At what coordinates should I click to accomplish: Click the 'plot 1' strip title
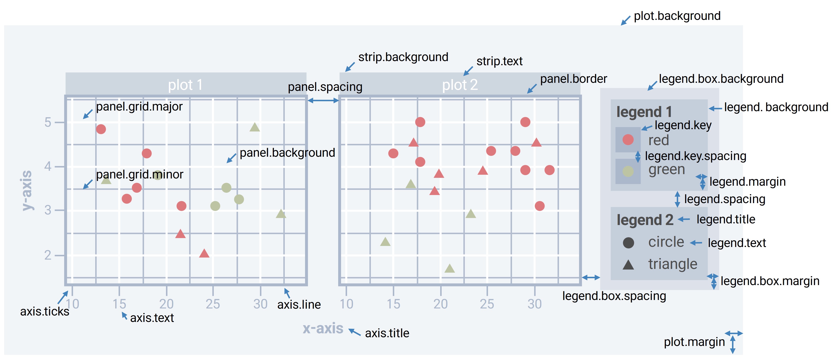point(185,85)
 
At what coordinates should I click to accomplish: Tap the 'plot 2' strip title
point(460,85)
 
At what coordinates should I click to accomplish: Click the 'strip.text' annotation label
point(499,61)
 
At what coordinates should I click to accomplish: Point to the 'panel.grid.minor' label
point(139,175)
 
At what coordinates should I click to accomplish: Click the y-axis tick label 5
point(48,123)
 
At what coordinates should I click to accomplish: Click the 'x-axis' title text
point(323,328)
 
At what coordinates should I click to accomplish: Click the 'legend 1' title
point(644,112)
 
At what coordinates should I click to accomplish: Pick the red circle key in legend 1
point(628,140)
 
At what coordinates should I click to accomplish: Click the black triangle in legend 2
point(628,265)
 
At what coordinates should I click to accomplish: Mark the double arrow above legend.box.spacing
point(591,278)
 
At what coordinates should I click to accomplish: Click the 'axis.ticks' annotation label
point(45,312)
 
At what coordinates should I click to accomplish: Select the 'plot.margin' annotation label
point(694,342)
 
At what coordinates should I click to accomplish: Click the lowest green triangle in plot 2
point(450,269)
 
